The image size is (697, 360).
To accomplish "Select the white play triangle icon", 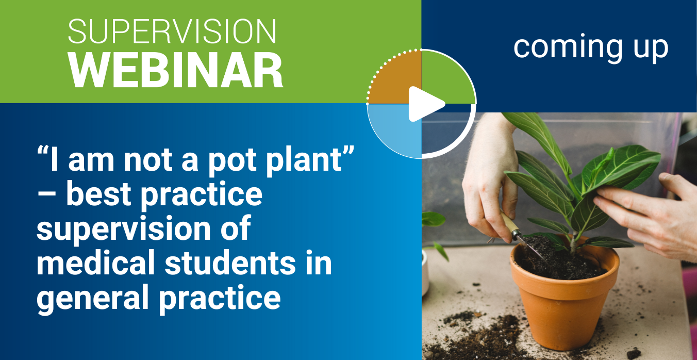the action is [x=426, y=104].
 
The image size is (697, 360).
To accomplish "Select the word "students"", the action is [x=230, y=263].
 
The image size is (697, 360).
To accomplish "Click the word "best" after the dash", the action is [x=98, y=194].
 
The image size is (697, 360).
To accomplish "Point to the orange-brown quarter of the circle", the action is [x=394, y=77].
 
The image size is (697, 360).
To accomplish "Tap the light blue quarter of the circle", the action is [x=394, y=131].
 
